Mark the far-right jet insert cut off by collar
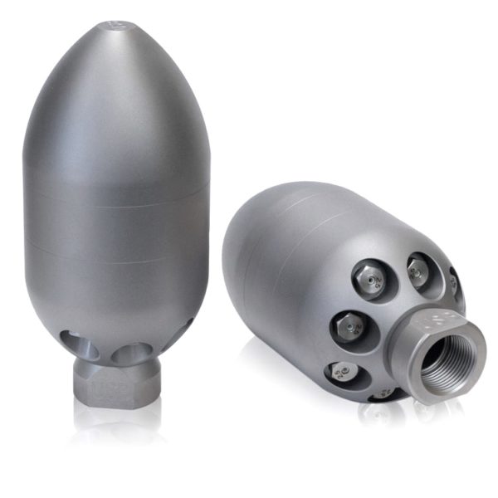coord(456,283)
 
